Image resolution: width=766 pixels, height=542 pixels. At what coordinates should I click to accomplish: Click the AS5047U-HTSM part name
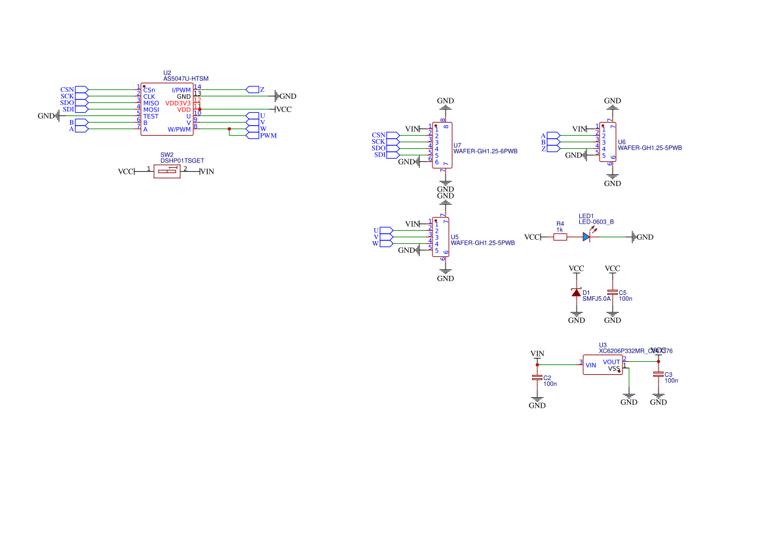pyautogui.click(x=185, y=79)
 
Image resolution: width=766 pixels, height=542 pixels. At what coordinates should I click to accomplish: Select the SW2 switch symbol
pyautogui.click(x=167, y=172)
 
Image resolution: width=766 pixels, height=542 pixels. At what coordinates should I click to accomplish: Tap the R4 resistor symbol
pyautogui.click(x=560, y=237)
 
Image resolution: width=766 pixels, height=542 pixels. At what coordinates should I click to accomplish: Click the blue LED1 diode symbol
pyautogui.click(x=587, y=237)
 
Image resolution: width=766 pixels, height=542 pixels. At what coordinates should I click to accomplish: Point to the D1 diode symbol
pyautogui.click(x=577, y=292)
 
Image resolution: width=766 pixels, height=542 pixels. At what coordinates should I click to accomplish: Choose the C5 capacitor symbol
pyautogui.click(x=613, y=292)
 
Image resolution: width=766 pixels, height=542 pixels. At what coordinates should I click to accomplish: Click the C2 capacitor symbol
pyautogui.click(x=537, y=377)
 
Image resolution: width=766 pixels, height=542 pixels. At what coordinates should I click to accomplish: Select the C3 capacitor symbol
pyautogui.click(x=659, y=374)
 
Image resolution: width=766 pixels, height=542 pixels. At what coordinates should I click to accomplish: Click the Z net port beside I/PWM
pyautogui.click(x=253, y=89)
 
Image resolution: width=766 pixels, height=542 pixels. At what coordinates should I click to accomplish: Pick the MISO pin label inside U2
pyautogui.click(x=151, y=103)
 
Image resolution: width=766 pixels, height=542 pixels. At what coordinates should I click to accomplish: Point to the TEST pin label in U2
pyautogui.click(x=151, y=116)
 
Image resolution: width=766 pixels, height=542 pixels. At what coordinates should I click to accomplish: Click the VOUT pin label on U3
pyautogui.click(x=611, y=362)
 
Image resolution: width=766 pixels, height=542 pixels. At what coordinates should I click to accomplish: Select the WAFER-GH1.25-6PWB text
pyautogui.click(x=486, y=151)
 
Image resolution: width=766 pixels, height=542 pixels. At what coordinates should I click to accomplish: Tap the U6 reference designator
pyautogui.click(x=622, y=142)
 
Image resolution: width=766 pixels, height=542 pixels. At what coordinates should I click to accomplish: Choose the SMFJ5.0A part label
pyautogui.click(x=596, y=298)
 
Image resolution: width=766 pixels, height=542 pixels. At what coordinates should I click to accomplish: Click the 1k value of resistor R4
pyautogui.click(x=560, y=230)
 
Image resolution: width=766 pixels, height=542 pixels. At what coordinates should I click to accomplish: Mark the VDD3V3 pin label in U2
pyautogui.click(x=178, y=103)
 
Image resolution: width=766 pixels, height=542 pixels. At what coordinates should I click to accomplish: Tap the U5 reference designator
pyautogui.click(x=455, y=236)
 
